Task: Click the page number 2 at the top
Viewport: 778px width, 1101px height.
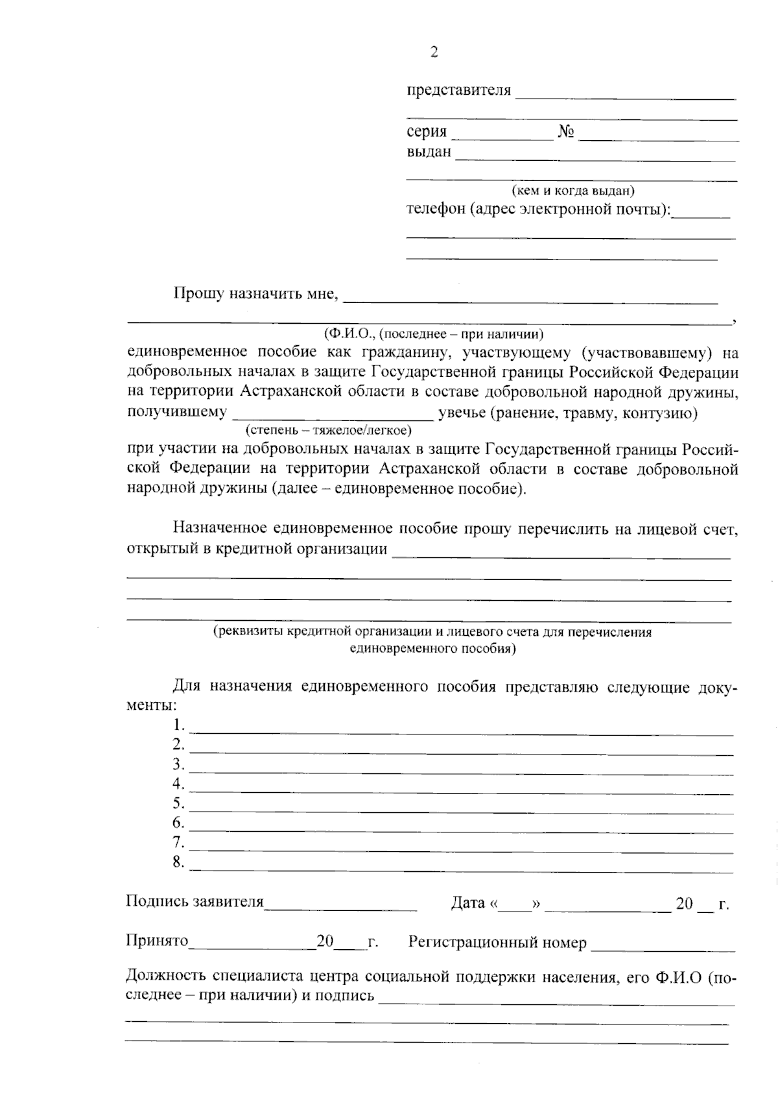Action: pyautogui.click(x=434, y=53)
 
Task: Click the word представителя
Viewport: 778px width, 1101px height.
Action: pyautogui.click(x=458, y=90)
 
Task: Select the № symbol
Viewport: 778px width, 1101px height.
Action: pyautogui.click(x=567, y=132)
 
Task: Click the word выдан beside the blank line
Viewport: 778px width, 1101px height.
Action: pyautogui.click(x=429, y=152)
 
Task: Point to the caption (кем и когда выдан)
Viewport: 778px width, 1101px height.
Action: pyautogui.click(x=572, y=191)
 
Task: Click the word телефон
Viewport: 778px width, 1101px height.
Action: pyautogui.click(x=435, y=210)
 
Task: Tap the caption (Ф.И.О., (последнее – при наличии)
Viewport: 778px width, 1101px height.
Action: pyautogui.click(x=432, y=334)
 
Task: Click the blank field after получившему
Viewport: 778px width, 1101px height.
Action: pyautogui.click(x=333, y=418)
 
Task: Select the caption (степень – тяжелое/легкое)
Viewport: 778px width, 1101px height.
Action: pyautogui.click(x=328, y=430)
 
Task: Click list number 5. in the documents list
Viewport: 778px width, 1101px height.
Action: pyautogui.click(x=179, y=803)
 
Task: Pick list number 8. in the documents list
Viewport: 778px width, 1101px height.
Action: pyautogui.click(x=179, y=862)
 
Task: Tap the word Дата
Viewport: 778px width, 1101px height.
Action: pyautogui.click(x=467, y=902)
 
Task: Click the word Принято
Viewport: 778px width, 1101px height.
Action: pyautogui.click(x=157, y=941)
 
